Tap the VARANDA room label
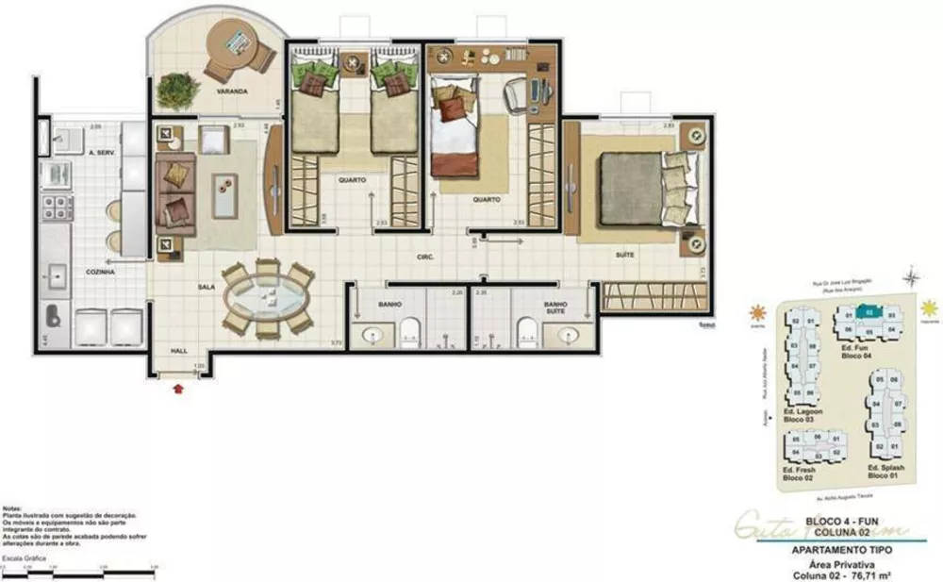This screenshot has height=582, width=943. coord(231,91)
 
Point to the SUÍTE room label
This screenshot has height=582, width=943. coord(623,255)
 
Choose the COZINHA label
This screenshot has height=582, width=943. coord(99,272)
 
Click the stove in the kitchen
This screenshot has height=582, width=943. coord(54,207)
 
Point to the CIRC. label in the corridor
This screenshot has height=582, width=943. coord(424,256)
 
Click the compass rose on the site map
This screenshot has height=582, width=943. coord(911,277)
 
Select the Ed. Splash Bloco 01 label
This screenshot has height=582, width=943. coord(885,473)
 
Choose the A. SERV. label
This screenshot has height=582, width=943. coord(100,152)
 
